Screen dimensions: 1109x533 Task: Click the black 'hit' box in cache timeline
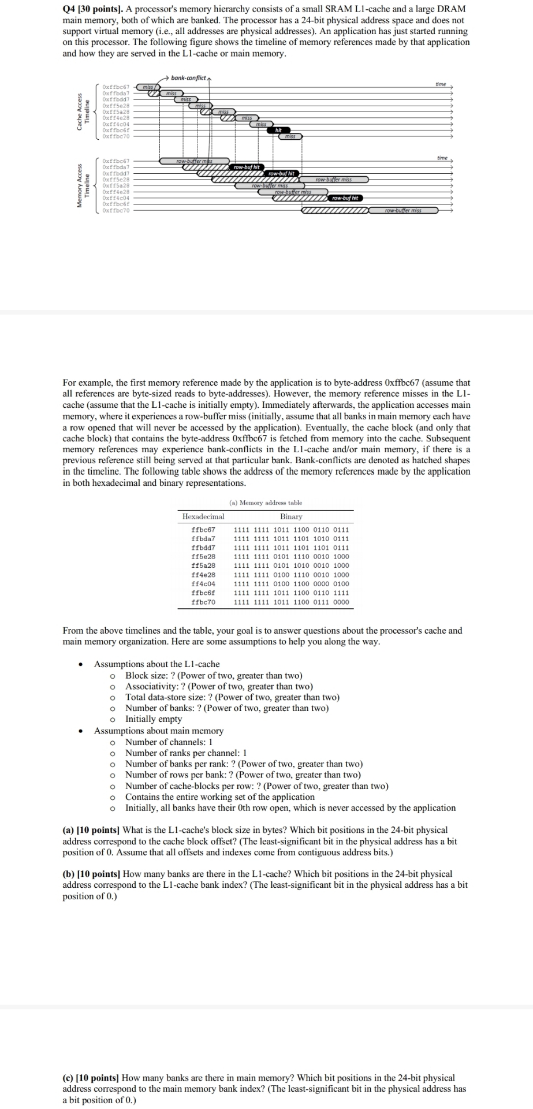pyautogui.click(x=278, y=131)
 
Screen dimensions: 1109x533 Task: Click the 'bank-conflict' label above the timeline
pyautogui.click(x=188, y=77)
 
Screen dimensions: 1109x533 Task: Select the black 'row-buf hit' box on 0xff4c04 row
pyautogui.click(x=345, y=198)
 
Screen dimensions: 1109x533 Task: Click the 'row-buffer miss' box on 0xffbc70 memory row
pyautogui.click(x=403, y=210)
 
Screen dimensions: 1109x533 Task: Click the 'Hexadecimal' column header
pyautogui.click(x=203, y=516)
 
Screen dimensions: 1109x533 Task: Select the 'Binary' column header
pyautogui.click(x=291, y=516)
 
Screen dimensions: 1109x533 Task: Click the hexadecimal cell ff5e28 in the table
pyautogui.click(x=203, y=556)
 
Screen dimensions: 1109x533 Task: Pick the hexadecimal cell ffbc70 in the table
pyautogui.click(x=203, y=602)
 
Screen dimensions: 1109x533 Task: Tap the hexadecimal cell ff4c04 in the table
pyautogui.click(x=203, y=583)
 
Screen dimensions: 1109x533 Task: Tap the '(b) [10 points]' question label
pyautogui.click(x=91, y=874)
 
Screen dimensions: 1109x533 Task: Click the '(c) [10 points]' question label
pyautogui.click(x=91, y=1078)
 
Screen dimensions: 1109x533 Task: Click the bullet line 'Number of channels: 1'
pyautogui.click(x=169, y=742)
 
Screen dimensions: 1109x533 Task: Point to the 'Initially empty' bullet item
pyautogui.click(x=154, y=719)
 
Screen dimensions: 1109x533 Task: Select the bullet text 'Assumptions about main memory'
pyautogui.click(x=159, y=731)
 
